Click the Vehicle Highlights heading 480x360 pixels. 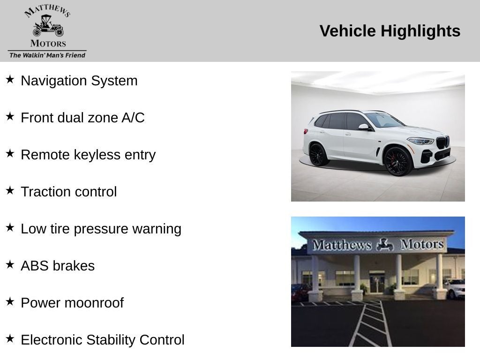click(x=390, y=31)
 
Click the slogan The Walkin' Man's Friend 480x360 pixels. click(x=47, y=55)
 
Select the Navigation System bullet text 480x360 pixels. click(x=79, y=81)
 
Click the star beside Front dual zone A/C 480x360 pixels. click(x=10, y=117)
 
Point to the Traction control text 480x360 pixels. click(x=69, y=192)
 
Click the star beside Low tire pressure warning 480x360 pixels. click(x=10, y=228)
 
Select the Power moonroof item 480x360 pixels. click(x=72, y=303)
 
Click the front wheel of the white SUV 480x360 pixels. click(x=397, y=161)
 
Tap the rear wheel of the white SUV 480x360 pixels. click(x=319, y=154)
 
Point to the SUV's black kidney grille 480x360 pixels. click(x=442, y=142)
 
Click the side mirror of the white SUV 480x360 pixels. click(x=364, y=127)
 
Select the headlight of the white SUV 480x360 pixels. click(x=420, y=141)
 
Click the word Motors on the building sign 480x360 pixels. click(x=421, y=244)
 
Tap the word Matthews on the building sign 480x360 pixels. click(x=342, y=245)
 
